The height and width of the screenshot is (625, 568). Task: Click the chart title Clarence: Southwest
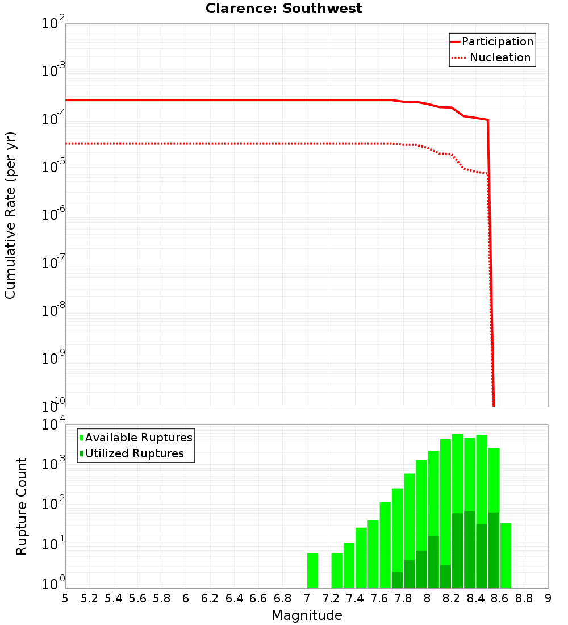click(283, 9)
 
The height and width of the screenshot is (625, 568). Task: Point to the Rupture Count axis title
click(22, 506)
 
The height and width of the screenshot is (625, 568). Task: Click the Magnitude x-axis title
click(307, 615)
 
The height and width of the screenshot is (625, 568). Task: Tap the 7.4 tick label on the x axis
click(355, 598)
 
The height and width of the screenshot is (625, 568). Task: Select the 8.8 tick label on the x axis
click(524, 598)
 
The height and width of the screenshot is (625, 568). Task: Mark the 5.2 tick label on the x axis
click(89, 598)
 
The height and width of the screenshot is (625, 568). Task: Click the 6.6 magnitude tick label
click(258, 598)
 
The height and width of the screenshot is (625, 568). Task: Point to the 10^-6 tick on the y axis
click(53, 215)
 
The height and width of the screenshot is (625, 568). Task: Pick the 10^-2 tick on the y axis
click(53, 24)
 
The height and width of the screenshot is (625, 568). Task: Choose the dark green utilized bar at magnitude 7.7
click(397, 580)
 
